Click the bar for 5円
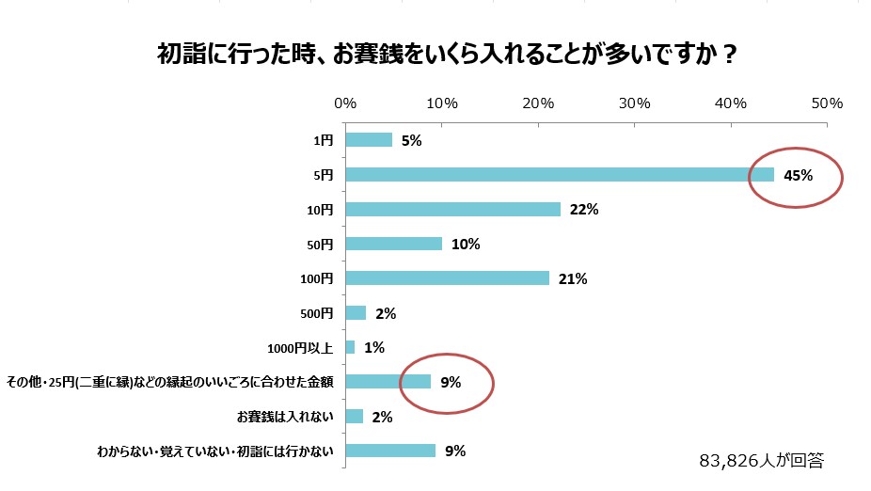[x=560, y=175]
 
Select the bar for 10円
[x=453, y=209]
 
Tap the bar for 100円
[x=448, y=278]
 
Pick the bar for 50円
[x=394, y=244]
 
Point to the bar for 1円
[x=370, y=140]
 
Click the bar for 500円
[x=356, y=312]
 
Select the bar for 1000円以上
[x=351, y=347]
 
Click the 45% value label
[x=798, y=175]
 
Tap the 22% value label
[x=584, y=210]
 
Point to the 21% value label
[x=573, y=278]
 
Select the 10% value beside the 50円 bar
[x=466, y=245]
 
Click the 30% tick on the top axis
[x=635, y=103]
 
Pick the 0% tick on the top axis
[x=345, y=103]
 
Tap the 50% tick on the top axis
[x=828, y=103]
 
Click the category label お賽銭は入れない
[x=284, y=416]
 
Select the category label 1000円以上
[x=300, y=347]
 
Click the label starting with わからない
[x=216, y=451]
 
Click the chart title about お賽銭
[x=446, y=54]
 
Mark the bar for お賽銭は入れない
[x=355, y=416]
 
